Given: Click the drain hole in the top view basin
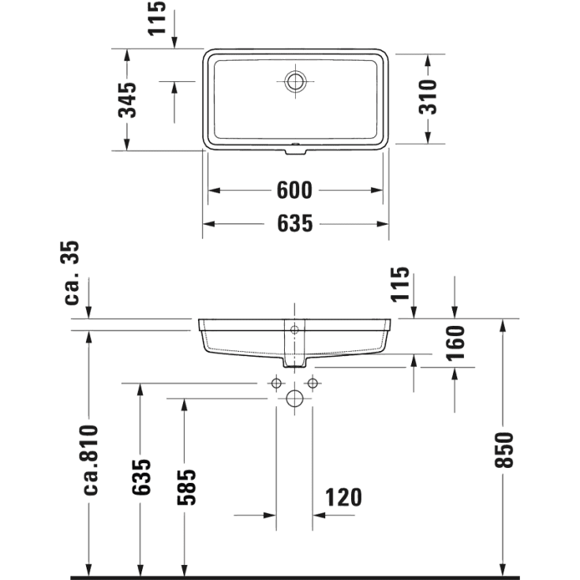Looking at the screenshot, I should (x=296, y=80).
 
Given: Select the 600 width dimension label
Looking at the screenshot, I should (x=295, y=190).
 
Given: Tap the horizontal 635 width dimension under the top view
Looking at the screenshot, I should (x=295, y=224).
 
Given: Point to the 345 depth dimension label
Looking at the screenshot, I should (x=127, y=99).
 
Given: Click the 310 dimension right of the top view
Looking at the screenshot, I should (x=428, y=97).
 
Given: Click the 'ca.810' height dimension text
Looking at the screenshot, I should (x=90, y=459).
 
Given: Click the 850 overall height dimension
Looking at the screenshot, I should (x=503, y=450).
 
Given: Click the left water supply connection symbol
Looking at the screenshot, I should (x=276, y=384).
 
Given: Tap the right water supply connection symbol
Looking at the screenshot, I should (x=312, y=384).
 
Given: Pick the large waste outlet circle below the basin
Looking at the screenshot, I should (x=294, y=398).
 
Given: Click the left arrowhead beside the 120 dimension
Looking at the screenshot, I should (x=271, y=515).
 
